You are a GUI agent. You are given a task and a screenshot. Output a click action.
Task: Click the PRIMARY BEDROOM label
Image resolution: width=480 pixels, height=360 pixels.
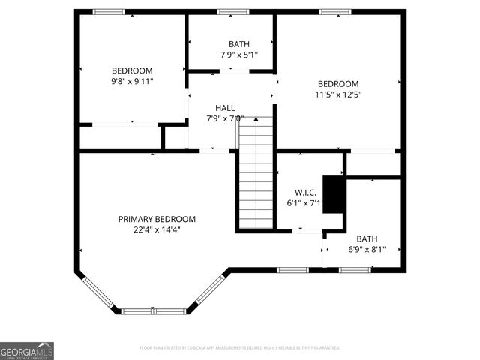[157, 219]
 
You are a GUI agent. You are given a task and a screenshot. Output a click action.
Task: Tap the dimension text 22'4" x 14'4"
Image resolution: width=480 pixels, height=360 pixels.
[157, 230]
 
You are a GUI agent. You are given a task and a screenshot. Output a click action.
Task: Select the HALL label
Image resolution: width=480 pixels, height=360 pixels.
[225, 108]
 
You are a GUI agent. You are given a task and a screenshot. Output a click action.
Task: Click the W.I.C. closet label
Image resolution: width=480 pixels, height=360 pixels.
[306, 193]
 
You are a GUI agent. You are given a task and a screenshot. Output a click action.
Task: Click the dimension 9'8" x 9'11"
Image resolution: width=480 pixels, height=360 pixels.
[132, 82]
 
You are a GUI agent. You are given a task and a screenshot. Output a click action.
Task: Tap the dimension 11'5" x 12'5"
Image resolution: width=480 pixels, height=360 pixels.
[338, 94]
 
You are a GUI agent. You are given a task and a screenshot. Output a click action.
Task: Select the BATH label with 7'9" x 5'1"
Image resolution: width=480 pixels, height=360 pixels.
[238, 44]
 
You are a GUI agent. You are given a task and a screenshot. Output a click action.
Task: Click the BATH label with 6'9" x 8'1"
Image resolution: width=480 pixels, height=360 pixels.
[367, 238]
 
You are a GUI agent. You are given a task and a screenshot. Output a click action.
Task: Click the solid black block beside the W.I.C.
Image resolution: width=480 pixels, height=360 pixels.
[334, 194]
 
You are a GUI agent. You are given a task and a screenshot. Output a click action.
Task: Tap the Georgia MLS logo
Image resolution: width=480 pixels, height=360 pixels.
[27, 350]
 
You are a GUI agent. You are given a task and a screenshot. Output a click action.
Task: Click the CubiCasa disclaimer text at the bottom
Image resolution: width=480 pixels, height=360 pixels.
[240, 348]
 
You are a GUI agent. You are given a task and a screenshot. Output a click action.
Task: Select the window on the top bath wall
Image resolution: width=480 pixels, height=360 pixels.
[232, 12]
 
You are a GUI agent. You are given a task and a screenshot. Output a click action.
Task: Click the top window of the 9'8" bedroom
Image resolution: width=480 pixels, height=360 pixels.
[109, 12]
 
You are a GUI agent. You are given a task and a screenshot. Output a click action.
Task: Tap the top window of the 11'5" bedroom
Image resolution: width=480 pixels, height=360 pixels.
[334, 12]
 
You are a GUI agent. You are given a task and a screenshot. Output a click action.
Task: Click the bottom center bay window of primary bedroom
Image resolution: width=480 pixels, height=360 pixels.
[154, 310]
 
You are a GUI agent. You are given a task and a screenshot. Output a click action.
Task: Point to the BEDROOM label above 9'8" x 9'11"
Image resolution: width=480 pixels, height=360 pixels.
[132, 70]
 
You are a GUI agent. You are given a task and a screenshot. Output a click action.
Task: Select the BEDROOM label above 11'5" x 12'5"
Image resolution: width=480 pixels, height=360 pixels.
[338, 83]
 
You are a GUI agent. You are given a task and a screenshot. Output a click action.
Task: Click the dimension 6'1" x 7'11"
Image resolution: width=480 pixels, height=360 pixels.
[306, 203]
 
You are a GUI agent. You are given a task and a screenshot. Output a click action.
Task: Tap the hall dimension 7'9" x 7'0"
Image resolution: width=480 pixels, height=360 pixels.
[225, 118]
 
